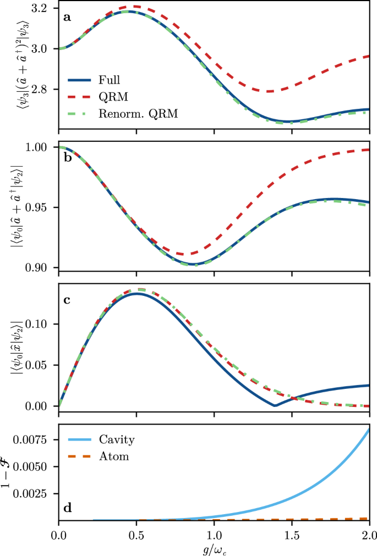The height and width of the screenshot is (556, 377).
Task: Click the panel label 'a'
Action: pyautogui.click(x=67, y=17)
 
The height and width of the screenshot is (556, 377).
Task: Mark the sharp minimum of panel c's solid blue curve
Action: pyautogui.click(x=274, y=405)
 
